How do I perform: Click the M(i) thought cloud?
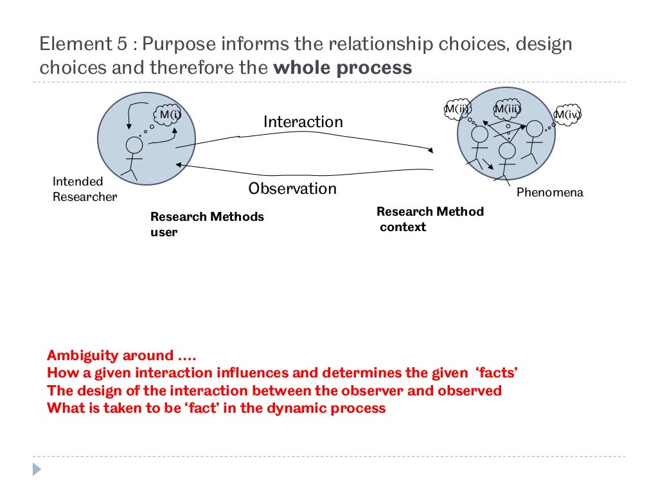170,116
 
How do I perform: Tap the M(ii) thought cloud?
457,109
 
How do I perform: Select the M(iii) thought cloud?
506,109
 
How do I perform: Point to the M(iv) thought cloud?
567,115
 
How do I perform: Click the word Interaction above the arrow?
303,122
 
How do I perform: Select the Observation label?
292,189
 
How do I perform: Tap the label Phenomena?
550,192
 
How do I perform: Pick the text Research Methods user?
207,224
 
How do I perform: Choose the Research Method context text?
430,219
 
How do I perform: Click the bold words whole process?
342,68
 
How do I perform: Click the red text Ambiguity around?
111,356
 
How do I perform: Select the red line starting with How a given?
282,373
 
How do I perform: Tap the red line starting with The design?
274,390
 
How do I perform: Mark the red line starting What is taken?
217,408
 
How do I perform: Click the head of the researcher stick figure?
134,144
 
